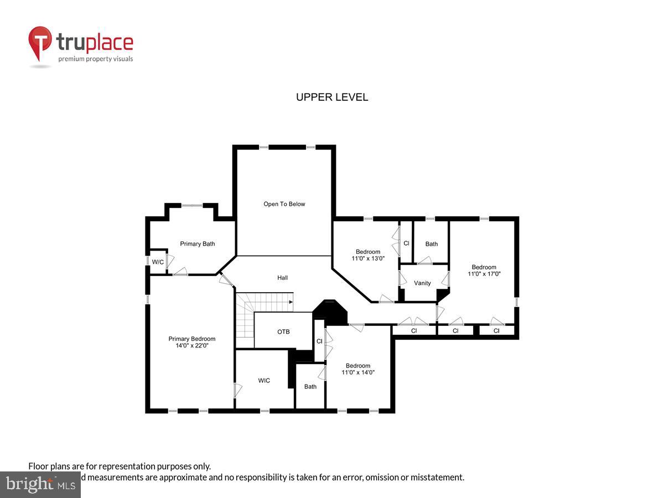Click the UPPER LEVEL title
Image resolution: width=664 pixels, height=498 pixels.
tap(332, 97)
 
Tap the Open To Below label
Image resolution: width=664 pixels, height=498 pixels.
tap(284, 204)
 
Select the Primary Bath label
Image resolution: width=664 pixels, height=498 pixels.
tap(198, 244)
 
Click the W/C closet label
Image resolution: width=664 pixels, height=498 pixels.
tap(158, 262)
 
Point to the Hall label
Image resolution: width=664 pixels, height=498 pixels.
tap(282, 278)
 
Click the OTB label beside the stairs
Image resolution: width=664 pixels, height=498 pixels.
tap(283, 332)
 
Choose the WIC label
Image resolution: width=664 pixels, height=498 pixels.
tap(264, 381)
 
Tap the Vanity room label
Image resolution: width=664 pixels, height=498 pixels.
tap(422, 283)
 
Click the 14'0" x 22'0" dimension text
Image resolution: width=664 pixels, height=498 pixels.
tap(192, 345)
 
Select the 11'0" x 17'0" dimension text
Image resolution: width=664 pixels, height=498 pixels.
tap(484, 274)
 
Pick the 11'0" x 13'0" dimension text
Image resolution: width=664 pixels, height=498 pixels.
tap(368, 258)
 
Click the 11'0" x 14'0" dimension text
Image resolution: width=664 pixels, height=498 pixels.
tap(358, 372)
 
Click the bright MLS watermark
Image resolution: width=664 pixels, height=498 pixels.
tap(40, 485)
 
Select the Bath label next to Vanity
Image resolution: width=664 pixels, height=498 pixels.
tap(432, 244)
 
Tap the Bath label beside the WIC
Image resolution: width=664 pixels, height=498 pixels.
tap(310, 387)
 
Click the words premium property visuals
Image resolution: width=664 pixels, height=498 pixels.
tap(96, 59)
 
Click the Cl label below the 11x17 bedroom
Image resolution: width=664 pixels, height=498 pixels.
tap(496, 331)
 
